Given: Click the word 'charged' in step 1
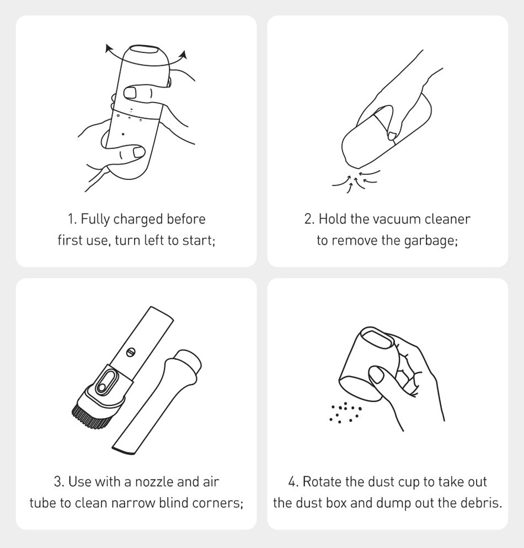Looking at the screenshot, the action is pyautogui.click(x=138, y=220).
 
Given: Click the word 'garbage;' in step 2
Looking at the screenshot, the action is pyautogui.click(x=431, y=241).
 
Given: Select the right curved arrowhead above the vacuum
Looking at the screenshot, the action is pyautogui.click(x=184, y=55).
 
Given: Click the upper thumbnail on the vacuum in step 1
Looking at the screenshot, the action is pyautogui.click(x=130, y=93).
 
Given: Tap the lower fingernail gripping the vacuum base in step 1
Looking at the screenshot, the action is pyautogui.click(x=138, y=152).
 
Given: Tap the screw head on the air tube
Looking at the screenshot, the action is pyautogui.click(x=131, y=352).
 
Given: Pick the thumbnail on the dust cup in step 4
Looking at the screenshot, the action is pyautogui.click(x=376, y=376).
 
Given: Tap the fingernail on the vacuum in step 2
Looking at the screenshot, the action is pyautogui.click(x=392, y=135).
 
